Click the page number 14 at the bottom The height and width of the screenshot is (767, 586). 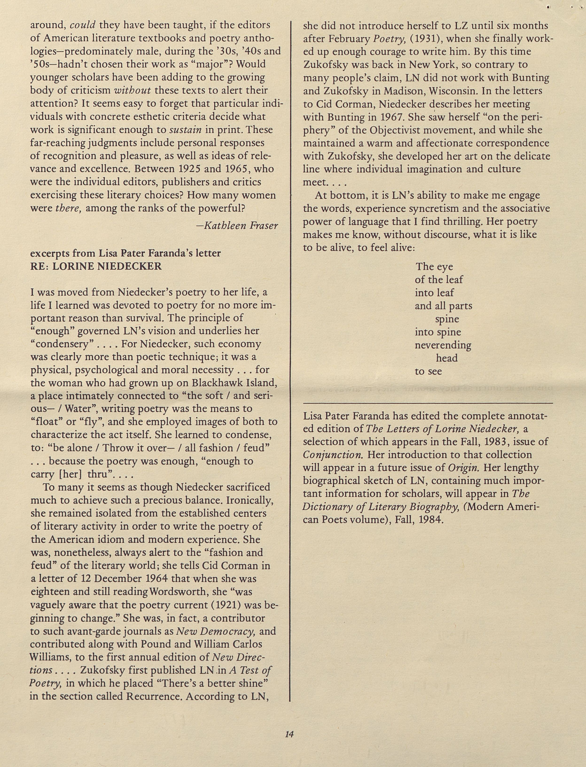click(x=289, y=734)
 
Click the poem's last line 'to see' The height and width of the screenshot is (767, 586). click(x=428, y=372)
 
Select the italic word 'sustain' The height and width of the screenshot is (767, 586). click(x=186, y=130)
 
